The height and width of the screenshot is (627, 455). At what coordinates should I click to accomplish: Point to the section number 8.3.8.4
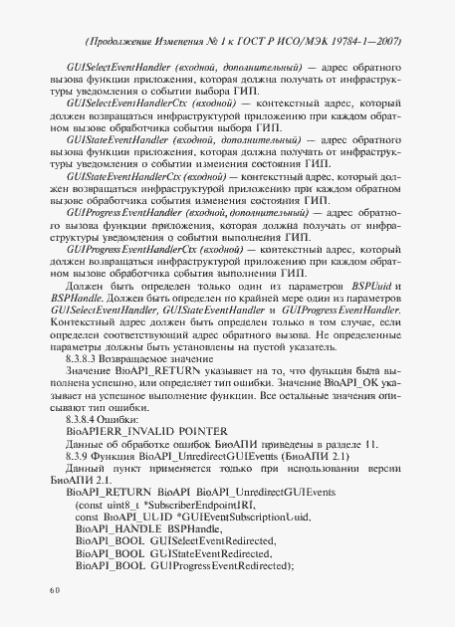click(85, 395)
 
